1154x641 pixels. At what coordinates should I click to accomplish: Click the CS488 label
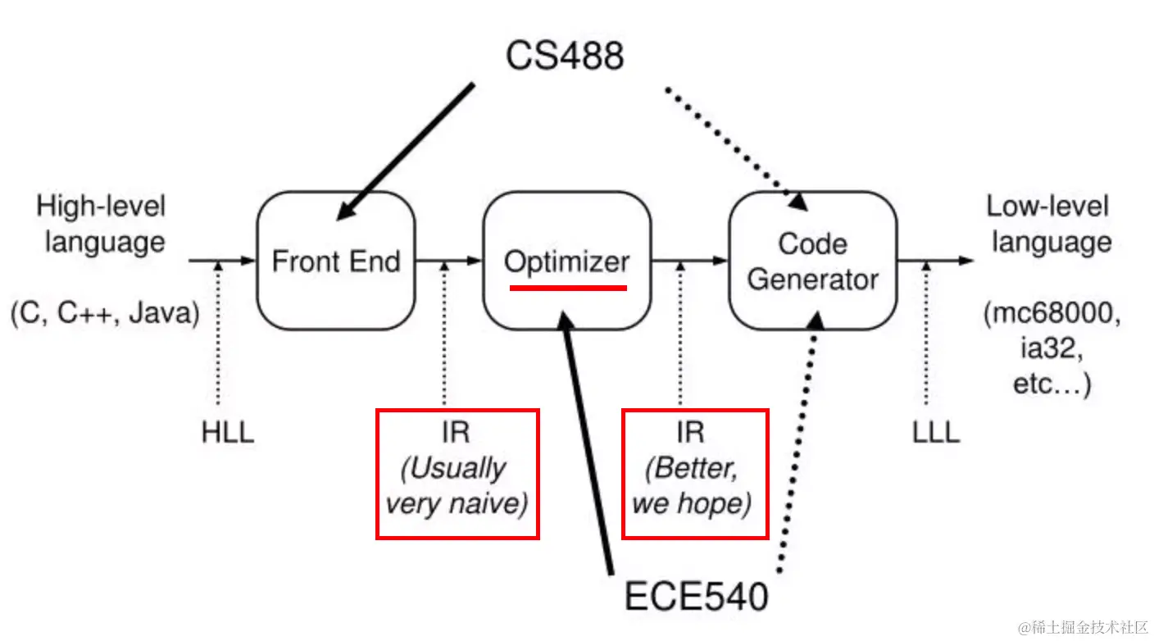565,56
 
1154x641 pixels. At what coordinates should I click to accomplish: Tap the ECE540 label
696,597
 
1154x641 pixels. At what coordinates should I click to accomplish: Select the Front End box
336,260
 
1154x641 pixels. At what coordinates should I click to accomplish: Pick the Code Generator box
813,260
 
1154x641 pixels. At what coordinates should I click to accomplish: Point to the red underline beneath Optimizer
568,288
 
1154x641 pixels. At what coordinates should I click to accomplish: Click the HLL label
228,432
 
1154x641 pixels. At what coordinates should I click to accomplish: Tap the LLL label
936,432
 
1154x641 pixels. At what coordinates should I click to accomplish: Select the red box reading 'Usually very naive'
457,410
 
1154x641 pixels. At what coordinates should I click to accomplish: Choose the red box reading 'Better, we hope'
695,410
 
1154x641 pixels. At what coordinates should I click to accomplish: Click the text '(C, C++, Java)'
105,313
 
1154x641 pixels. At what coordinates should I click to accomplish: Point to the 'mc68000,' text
1052,313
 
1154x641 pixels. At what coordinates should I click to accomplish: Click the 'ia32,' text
1052,349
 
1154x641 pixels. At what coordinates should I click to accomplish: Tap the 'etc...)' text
1052,384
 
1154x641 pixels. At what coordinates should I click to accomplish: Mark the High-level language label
102,224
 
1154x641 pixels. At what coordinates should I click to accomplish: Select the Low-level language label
1050,224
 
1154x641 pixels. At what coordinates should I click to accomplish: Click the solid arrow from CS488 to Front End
405,152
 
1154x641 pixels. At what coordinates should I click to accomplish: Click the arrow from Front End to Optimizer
448,261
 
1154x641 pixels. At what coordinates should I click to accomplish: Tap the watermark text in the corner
1083,628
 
